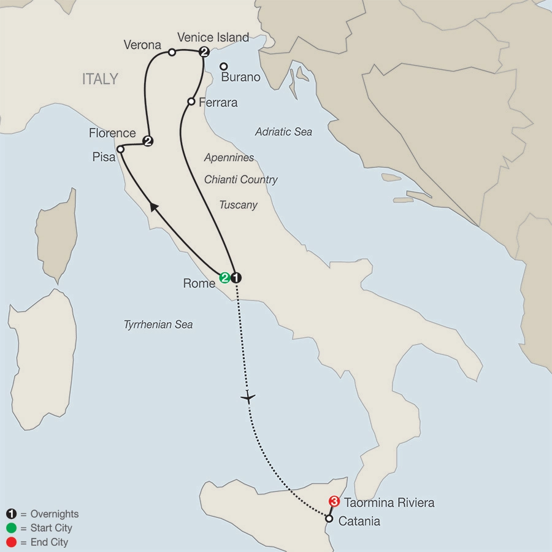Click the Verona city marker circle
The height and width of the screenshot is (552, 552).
(x=172, y=52)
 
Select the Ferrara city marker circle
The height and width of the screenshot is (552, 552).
(x=191, y=102)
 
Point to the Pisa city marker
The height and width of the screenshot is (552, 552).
(x=121, y=149)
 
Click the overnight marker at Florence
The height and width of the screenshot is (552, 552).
(x=147, y=141)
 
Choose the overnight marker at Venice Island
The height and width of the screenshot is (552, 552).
(x=204, y=52)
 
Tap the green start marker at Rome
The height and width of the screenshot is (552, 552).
(x=225, y=277)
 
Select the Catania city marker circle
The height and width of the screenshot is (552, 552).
(x=329, y=519)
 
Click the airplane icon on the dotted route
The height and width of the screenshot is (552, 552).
(x=248, y=397)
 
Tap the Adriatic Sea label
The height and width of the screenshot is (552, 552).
(x=283, y=132)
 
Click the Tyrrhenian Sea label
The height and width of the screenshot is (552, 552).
(x=158, y=324)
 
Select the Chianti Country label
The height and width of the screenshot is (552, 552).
(x=240, y=180)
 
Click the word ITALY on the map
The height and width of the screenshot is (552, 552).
(x=100, y=79)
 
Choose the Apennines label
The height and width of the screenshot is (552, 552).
(x=229, y=158)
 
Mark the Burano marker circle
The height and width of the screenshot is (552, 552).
(x=224, y=66)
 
